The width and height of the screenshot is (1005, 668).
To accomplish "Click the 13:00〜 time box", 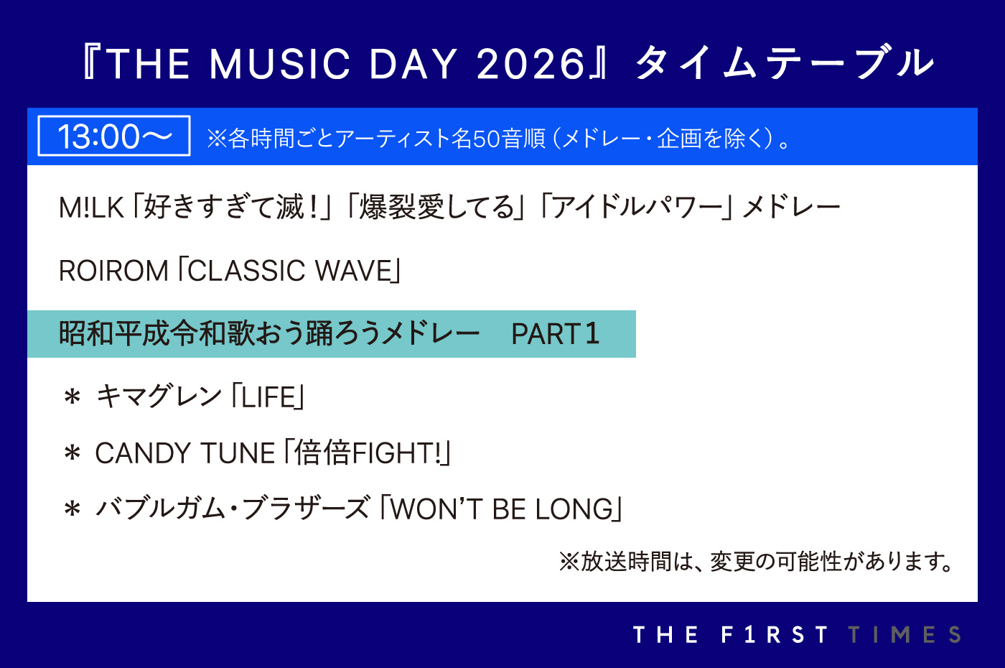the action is [x=114, y=136].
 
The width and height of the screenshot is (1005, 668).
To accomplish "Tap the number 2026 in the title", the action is [x=530, y=64].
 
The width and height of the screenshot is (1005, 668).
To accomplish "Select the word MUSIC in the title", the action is [x=279, y=64].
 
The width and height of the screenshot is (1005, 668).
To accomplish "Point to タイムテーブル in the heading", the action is [x=785, y=63].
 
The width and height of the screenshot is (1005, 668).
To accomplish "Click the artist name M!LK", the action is [x=91, y=208].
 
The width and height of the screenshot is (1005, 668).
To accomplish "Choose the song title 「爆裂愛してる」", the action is [x=436, y=207].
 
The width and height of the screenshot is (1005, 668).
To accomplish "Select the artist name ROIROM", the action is [x=113, y=271].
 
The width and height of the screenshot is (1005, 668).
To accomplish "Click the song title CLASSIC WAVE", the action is [x=290, y=271].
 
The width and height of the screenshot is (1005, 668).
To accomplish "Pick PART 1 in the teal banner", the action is [x=556, y=333].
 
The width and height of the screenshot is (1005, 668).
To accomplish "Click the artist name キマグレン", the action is [x=159, y=396].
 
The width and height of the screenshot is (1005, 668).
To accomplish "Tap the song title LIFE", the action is [x=268, y=396].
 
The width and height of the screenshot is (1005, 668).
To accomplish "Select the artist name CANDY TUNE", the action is [x=185, y=453].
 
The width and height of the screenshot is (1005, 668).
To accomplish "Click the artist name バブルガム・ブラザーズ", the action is [x=233, y=509].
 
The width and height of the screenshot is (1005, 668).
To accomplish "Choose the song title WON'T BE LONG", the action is [x=502, y=509].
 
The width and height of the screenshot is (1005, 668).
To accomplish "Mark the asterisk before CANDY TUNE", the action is [x=73, y=453].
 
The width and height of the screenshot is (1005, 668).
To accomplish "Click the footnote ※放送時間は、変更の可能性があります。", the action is [x=757, y=562].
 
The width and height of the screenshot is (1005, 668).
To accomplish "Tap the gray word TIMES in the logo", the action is [x=904, y=635].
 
